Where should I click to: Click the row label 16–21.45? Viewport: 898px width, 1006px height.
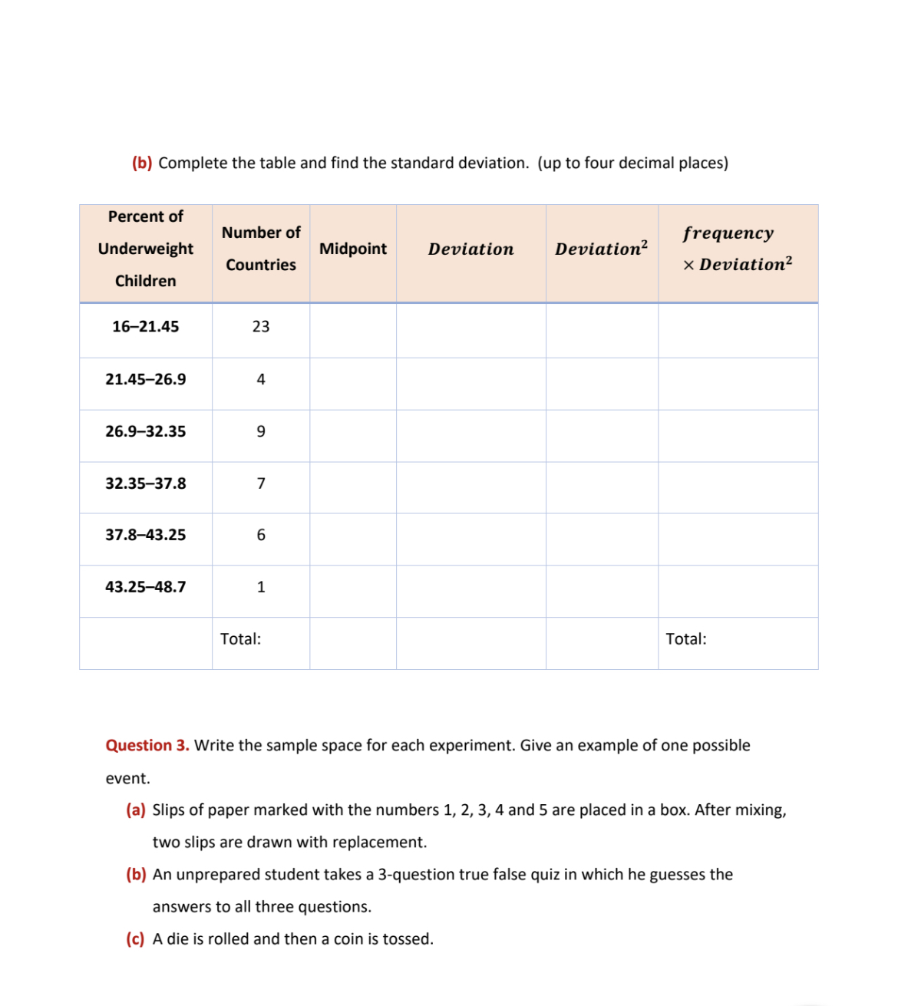145,327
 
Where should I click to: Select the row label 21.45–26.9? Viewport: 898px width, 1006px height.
145,379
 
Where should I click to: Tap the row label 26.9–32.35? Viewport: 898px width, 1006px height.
145,431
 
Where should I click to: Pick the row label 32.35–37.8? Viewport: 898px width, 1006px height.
145,483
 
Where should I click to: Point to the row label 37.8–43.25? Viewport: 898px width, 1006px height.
145,535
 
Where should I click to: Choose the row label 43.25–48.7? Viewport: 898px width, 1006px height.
145,587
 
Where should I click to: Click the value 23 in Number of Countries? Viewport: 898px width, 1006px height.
261,327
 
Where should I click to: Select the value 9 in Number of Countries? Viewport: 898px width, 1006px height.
261,431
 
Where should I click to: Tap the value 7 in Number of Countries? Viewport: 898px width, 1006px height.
261,483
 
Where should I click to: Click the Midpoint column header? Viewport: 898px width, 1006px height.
353,249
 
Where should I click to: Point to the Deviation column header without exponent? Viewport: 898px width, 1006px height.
470,249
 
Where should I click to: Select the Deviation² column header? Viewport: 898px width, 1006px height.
601,249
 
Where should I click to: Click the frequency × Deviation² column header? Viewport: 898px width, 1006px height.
737,249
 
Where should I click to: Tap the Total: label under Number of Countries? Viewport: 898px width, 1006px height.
240,639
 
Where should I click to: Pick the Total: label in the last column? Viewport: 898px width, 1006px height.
685,639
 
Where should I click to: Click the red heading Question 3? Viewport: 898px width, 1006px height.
147,745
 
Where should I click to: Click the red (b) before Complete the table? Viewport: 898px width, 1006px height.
142,163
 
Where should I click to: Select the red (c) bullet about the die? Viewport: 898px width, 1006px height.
135,939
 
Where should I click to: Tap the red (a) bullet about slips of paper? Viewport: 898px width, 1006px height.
136,810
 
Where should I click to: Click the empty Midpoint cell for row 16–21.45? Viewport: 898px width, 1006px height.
353,330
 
